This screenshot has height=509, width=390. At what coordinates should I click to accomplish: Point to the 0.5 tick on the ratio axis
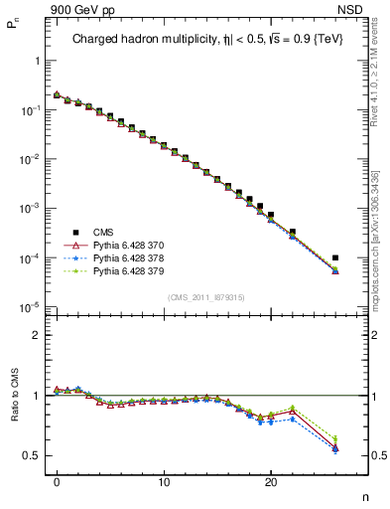tap(32, 455)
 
